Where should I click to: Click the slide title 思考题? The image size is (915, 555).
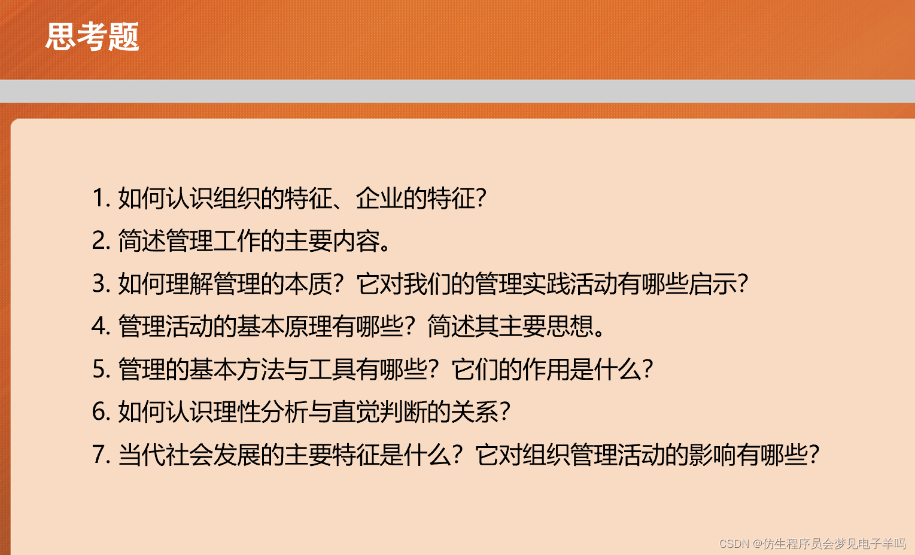tap(92, 36)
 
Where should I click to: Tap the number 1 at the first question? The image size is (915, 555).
tap(98, 198)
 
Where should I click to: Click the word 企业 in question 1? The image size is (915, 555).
tap(379, 198)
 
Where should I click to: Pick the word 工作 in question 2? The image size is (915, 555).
tap(236, 241)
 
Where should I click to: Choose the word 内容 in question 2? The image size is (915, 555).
tap(356, 241)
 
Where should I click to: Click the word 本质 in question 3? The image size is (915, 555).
tap(308, 283)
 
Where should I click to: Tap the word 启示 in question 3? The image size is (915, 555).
tap(712, 283)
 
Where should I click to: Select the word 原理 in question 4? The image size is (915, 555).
tap(308, 327)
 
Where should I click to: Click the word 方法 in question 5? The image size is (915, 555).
tap(260, 369)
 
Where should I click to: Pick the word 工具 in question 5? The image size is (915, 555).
tap(332, 369)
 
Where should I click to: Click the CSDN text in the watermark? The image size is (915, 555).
tap(734, 544)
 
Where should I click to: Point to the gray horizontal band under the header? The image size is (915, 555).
tap(457, 91)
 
